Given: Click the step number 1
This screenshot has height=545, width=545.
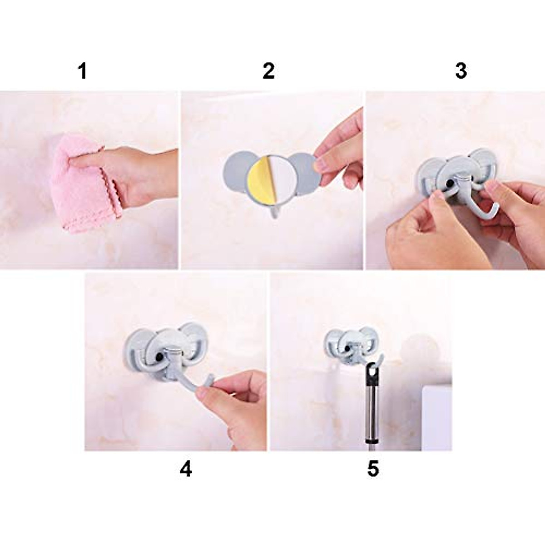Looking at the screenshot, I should point(82,71).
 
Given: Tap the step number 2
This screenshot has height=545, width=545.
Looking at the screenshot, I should point(268,71).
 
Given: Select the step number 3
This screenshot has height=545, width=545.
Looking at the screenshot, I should point(461,71).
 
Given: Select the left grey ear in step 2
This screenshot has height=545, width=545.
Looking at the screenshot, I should point(237,170).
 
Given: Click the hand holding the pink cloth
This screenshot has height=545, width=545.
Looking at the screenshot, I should point(136,173).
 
